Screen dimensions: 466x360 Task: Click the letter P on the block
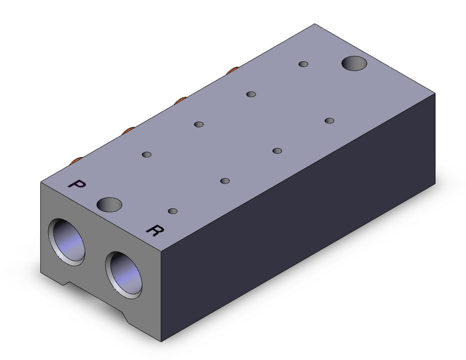pyautogui.click(x=77, y=184)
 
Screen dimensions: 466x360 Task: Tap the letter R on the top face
pyautogui.click(x=155, y=230)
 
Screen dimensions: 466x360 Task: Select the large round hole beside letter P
pyautogui.click(x=110, y=205)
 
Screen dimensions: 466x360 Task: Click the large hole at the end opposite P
pyautogui.click(x=354, y=63)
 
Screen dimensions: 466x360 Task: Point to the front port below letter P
pyautogui.click(x=66, y=242)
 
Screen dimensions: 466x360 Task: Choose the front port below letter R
pyautogui.click(x=123, y=275)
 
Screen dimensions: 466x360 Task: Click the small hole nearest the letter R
pyautogui.click(x=173, y=211)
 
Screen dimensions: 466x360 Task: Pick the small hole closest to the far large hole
pyautogui.click(x=303, y=64)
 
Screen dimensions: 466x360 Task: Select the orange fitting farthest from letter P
pyautogui.click(x=232, y=70)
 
